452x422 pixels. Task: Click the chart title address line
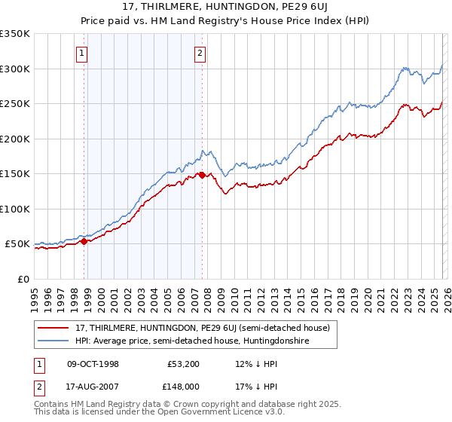(x=226, y=7)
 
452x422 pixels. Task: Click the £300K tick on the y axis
(x=15, y=69)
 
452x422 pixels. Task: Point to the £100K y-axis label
(x=15, y=209)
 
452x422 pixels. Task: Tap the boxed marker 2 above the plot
(x=200, y=53)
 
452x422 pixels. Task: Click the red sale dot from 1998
(x=84, y=241)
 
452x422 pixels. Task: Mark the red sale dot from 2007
(x=202, y=175)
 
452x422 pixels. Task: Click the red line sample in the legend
(x=53, y=329)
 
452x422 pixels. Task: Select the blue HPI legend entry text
(x=192, y=341)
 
